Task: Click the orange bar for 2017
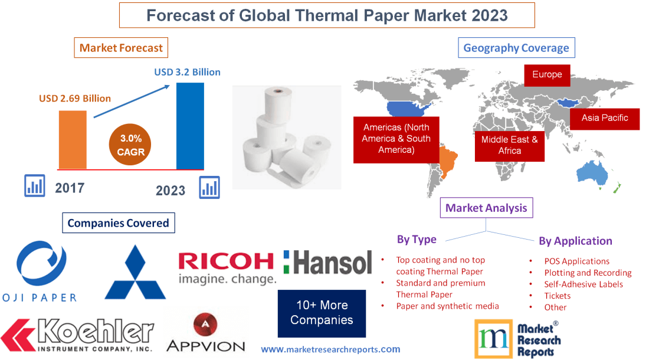(73, 139)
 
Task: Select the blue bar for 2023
(190, 126)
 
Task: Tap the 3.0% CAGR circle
(130, 145)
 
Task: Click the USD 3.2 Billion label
(187, 72)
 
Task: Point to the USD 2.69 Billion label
(75, 99)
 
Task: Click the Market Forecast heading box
(121, 48)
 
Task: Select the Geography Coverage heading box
(516, 48)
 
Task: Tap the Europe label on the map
(547, 75)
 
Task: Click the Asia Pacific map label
(604, 118)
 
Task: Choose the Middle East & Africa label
(509, 145)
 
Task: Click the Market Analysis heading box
(486, 208)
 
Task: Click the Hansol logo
(327, 263)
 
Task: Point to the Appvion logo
(205, 333)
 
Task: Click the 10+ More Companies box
(322, 313)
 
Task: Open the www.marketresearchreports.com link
(330, 349)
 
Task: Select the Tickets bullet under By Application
(557, 296)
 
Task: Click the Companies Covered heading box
(118, 223)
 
